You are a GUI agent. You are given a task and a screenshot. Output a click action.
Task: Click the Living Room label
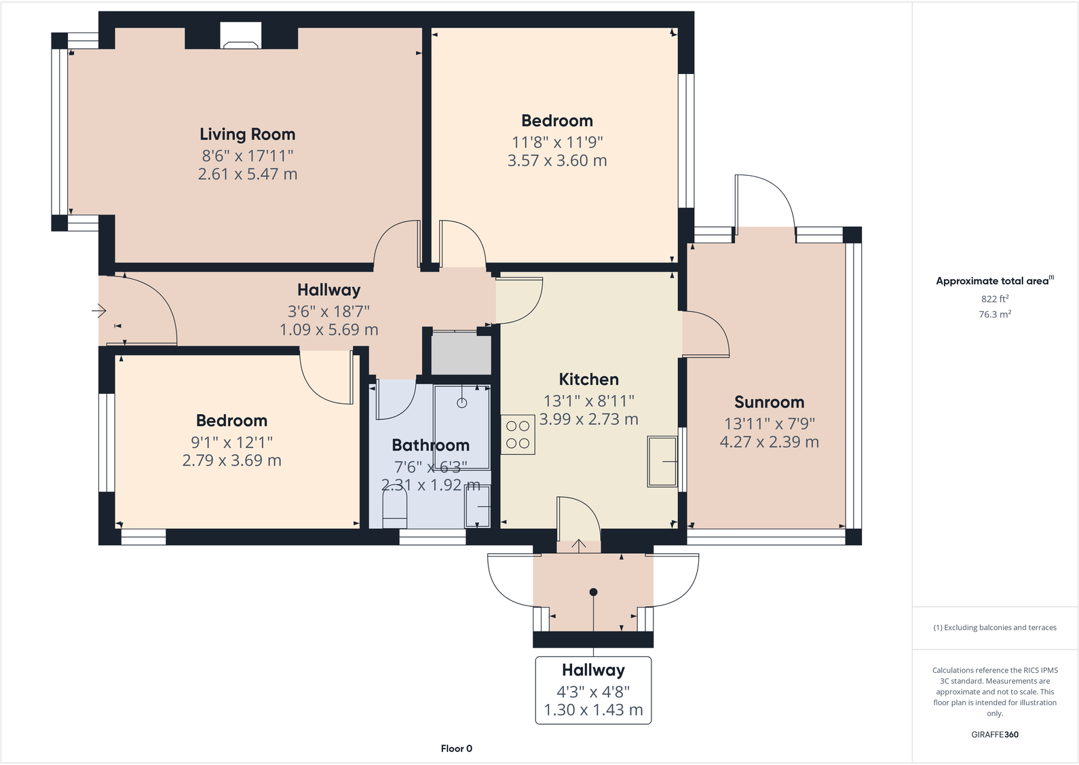click(x=247, y=134)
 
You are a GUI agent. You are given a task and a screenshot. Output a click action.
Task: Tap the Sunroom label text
click(x=769, y=402)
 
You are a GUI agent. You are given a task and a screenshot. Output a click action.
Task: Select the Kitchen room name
click(x=588, y=379)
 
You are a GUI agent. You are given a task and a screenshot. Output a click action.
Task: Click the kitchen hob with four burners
click(x=518, y=434)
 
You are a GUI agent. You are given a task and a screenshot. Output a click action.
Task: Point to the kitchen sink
click(x=662, y=462)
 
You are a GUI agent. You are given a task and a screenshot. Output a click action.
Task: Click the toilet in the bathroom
click(x=394, y=509)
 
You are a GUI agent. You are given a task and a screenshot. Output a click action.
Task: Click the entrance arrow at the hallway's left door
click(x=99, y=311)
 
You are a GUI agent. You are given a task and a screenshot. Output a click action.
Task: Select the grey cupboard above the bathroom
click(x=461, y=353)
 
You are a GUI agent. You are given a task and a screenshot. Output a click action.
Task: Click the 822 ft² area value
click(x=994, y=299)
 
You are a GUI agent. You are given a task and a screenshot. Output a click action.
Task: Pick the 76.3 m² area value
click(x=994, y=314)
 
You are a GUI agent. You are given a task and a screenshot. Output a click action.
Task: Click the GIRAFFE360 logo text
click(x=994, y=734)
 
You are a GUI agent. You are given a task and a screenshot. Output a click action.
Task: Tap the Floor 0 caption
click(x=456, y=749)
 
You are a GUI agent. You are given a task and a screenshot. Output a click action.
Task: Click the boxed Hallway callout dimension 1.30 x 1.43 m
click(x=593, y=710)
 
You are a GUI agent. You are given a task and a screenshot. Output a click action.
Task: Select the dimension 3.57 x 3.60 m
click(x=557, y=161)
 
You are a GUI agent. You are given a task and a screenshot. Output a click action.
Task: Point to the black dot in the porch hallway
click(x=593, y=592)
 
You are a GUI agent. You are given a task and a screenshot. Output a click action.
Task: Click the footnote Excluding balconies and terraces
click(x=994, y=627)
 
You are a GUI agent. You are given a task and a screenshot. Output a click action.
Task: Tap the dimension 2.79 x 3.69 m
click(x=231, y=460)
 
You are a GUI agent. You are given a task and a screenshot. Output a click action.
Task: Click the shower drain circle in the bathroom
click(x=462, y=403)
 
